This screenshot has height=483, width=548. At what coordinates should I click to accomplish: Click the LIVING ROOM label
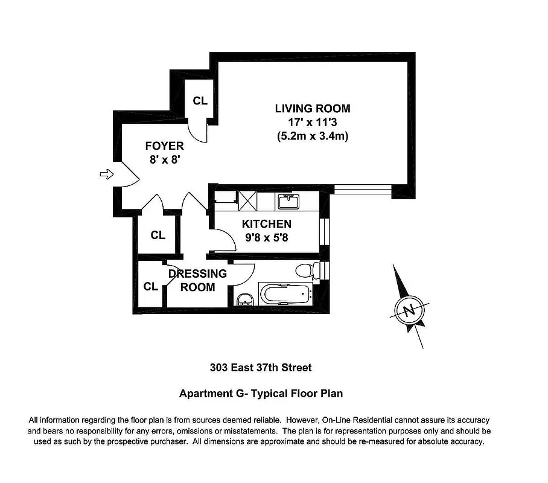click(x=312, y=109)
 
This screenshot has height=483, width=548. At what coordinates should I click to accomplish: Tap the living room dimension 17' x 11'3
click(x=312, y=123)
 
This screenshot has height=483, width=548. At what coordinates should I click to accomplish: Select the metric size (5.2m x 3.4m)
click(x=312, y=136)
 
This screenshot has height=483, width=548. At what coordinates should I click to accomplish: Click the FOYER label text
click(x=164, y=146)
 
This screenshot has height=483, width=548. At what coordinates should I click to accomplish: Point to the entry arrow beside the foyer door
click(x=106, y=174)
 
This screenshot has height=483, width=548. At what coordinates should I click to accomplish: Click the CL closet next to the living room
click(x=200, y=101)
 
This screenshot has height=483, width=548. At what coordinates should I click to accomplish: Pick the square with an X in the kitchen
click(x=248, y=199)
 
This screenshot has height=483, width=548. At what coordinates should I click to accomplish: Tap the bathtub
click(x=284, y=295)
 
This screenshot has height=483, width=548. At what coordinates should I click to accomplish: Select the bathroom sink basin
click(x=244, y=300)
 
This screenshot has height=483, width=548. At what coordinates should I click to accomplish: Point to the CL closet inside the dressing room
click(x=150, y=286)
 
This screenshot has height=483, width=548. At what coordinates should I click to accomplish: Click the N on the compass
click(x=409, y=311)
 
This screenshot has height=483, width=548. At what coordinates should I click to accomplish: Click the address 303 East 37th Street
click(x=261, y=367)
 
